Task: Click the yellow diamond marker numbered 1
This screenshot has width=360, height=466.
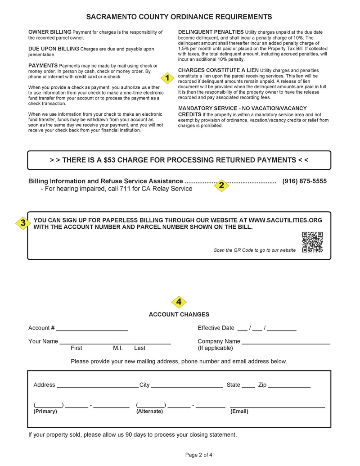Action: (167, 78)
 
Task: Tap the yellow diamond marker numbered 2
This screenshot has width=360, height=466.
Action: (221, 185)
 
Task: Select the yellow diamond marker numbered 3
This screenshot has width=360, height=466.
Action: (22, 223)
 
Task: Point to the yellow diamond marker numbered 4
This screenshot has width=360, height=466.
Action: (179, 302)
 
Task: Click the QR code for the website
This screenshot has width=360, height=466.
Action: (312, 242)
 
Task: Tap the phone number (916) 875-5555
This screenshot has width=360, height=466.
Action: (304, 181)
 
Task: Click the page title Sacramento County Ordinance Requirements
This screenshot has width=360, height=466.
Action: (179, 17)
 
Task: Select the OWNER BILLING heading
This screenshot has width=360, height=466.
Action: (49, 32)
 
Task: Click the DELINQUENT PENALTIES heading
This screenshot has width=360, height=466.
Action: (211, 32)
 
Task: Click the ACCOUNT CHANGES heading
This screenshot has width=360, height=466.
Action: (179, 314)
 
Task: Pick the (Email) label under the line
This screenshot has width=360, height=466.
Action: (239, 411)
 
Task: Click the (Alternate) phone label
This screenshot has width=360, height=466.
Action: (149, 411)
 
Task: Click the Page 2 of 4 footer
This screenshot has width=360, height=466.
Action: (198, 455)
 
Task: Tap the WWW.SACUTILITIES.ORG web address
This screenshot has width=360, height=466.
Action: (285, 220)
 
